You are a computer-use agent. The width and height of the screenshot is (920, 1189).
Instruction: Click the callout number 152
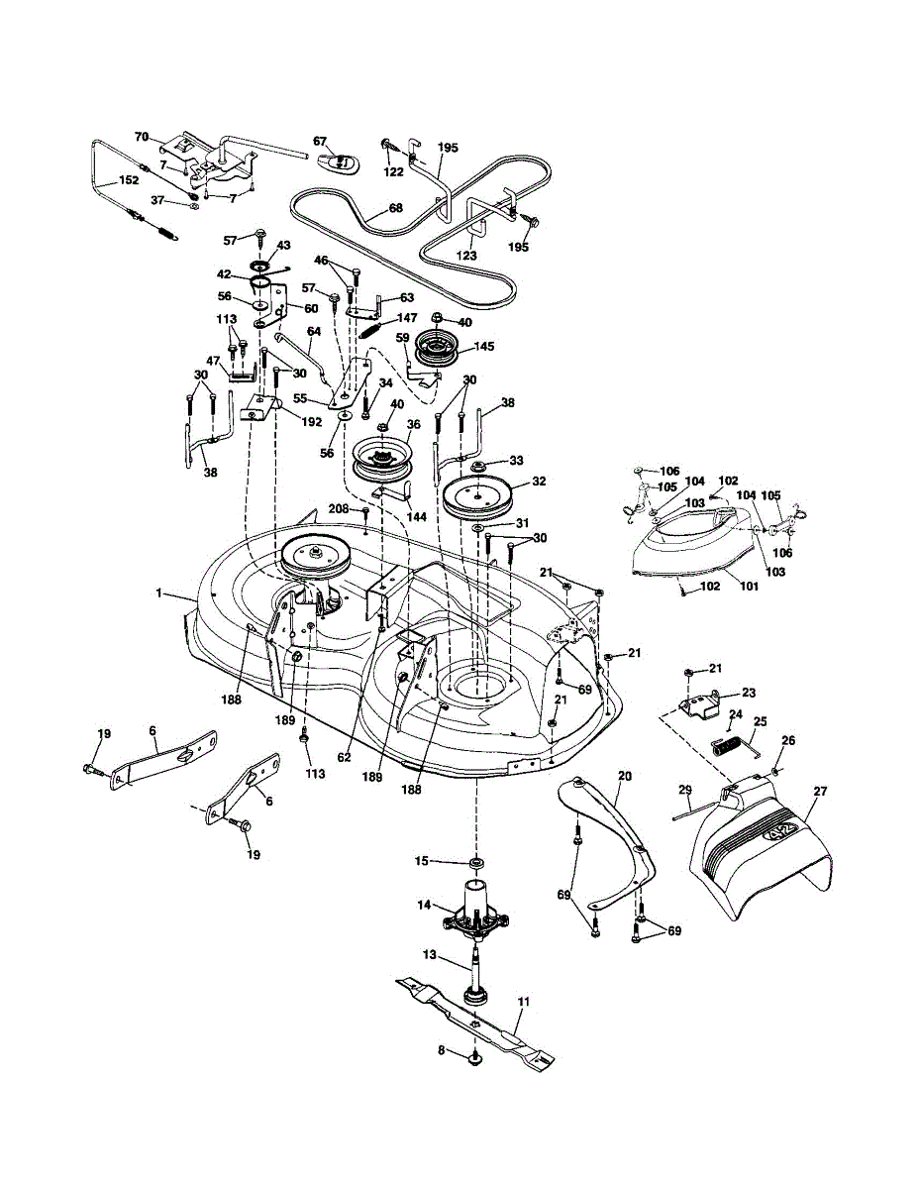128,181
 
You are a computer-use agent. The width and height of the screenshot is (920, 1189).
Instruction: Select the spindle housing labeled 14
473,910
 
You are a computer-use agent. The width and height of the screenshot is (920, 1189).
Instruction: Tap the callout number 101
749,586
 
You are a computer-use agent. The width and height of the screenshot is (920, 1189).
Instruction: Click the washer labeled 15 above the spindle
476,860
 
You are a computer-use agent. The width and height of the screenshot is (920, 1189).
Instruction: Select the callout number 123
465,256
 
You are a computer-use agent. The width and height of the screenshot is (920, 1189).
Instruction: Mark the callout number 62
344,757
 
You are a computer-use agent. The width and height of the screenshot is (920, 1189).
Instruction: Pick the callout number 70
141,136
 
